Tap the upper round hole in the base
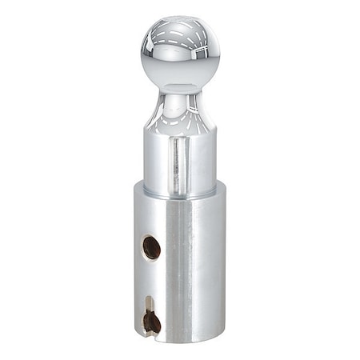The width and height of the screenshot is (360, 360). [x=151, y=247]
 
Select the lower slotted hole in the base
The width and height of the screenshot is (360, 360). [x=151, y=321]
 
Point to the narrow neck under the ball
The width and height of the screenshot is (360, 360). [x=179, y=94]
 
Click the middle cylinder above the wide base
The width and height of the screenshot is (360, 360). [x=179, y=160]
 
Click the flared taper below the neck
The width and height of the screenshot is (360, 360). [x=179, y=116]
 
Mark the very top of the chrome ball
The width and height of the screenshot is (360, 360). [x=179, y=16]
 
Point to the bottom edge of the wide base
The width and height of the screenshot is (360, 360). [x=179, y=341]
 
